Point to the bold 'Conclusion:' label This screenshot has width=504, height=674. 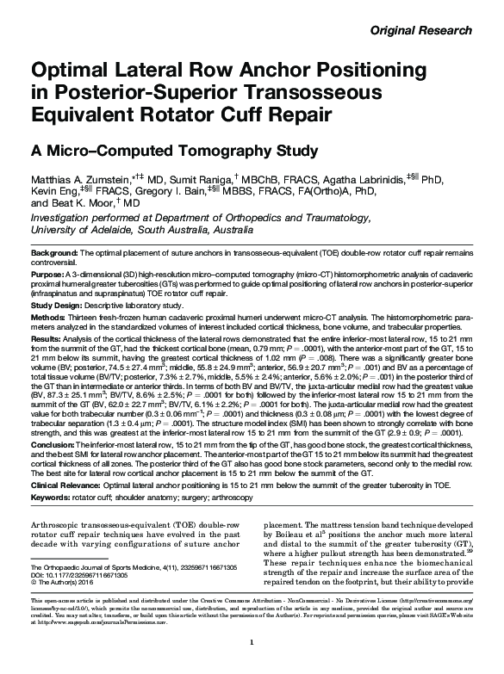click(53, 444)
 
